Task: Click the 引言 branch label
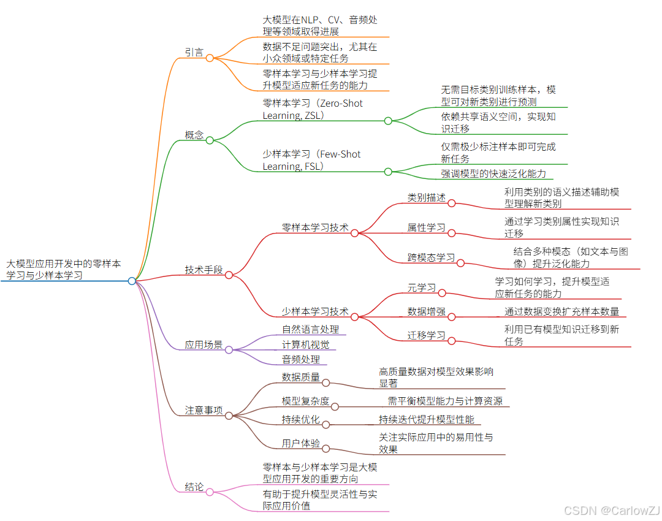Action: tap(194, 52)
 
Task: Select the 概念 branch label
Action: tap(194, 135)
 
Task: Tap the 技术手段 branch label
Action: tap(204, 270)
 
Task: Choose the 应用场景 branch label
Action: tap(204, 344)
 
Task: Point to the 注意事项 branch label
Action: tap(204, 410)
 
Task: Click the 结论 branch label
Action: tap(194, 487)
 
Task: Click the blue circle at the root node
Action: tap(132, 281)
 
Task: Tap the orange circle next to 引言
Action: tap(210, 58)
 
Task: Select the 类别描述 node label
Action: tap(427, 197)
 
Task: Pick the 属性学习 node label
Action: tap(427, 227)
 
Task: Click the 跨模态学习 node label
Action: tap(432, 257)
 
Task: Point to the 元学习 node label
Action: tap(422, 287)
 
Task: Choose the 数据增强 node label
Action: tap(427, 311)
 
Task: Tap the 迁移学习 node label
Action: tap(427, 335)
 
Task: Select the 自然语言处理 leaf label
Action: tap(310, 330)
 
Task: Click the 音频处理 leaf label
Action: tap(301, 360)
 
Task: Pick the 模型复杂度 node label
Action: tap(305, 401)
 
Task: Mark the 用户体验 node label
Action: tap(301, 443)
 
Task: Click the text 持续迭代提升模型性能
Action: tap(427, 419)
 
